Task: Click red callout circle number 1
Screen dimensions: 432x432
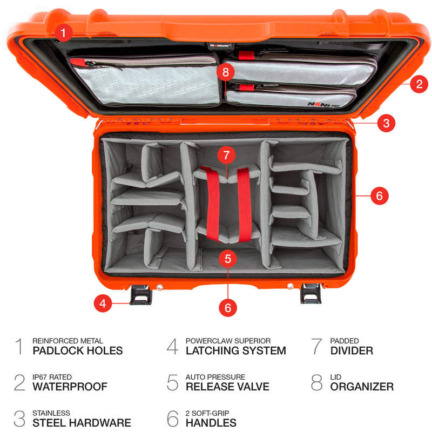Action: (64, 33)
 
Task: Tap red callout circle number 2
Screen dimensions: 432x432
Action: (418, 84)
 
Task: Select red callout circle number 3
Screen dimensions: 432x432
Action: (386, 123)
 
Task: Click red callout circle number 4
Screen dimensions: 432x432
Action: (103, 304)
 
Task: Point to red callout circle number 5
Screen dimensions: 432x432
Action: (228, 259)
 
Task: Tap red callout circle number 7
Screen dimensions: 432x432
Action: (226, 156)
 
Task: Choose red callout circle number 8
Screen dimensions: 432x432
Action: (226, 72)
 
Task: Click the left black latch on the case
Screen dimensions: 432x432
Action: (141, 294)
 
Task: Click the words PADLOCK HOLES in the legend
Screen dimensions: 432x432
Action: (78, 351)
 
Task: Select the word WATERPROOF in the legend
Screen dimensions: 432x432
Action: (70, 387)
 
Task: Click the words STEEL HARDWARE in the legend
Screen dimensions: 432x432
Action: (82, 423)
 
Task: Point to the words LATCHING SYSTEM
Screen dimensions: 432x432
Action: (235, 351)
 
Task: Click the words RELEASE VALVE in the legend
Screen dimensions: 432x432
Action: (227, 387)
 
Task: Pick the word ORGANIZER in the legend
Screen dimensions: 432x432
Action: (362, 387)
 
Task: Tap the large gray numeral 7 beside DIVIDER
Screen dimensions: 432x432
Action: (317, 347)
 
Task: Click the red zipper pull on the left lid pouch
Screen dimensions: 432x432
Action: (79, 63)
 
